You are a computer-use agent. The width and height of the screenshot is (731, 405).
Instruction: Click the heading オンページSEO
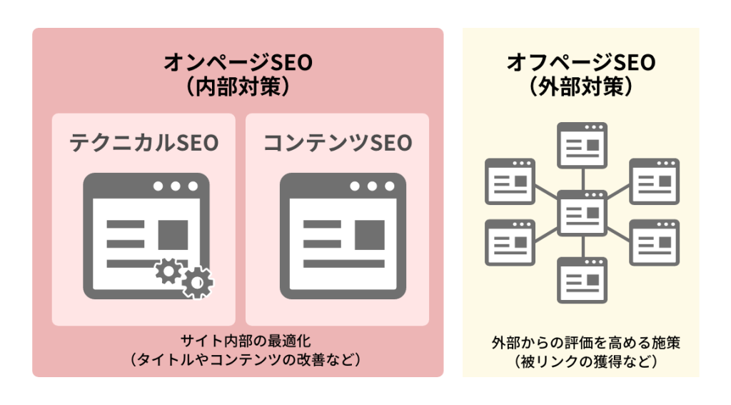click(x=238, y=63)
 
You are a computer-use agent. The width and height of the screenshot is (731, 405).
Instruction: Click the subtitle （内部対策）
click(x=238, y=86)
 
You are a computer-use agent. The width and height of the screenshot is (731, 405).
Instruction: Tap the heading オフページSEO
click(x=580, y=63)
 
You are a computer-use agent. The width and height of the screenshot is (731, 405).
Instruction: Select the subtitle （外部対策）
click(x=580, y=86)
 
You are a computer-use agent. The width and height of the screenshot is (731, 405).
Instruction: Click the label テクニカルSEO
click(x=143, y=143)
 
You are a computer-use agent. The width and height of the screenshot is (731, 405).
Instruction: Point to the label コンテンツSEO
click(x=338, y=143)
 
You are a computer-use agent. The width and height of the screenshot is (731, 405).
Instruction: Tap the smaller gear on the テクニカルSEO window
click(x=168, y=270)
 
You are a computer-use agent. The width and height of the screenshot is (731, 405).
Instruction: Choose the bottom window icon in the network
click(x=582, y=281)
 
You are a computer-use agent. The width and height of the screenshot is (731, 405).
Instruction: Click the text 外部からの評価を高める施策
click(x=580, y=343)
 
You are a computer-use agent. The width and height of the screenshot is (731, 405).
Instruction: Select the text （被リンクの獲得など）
click(x=580, y=361)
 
